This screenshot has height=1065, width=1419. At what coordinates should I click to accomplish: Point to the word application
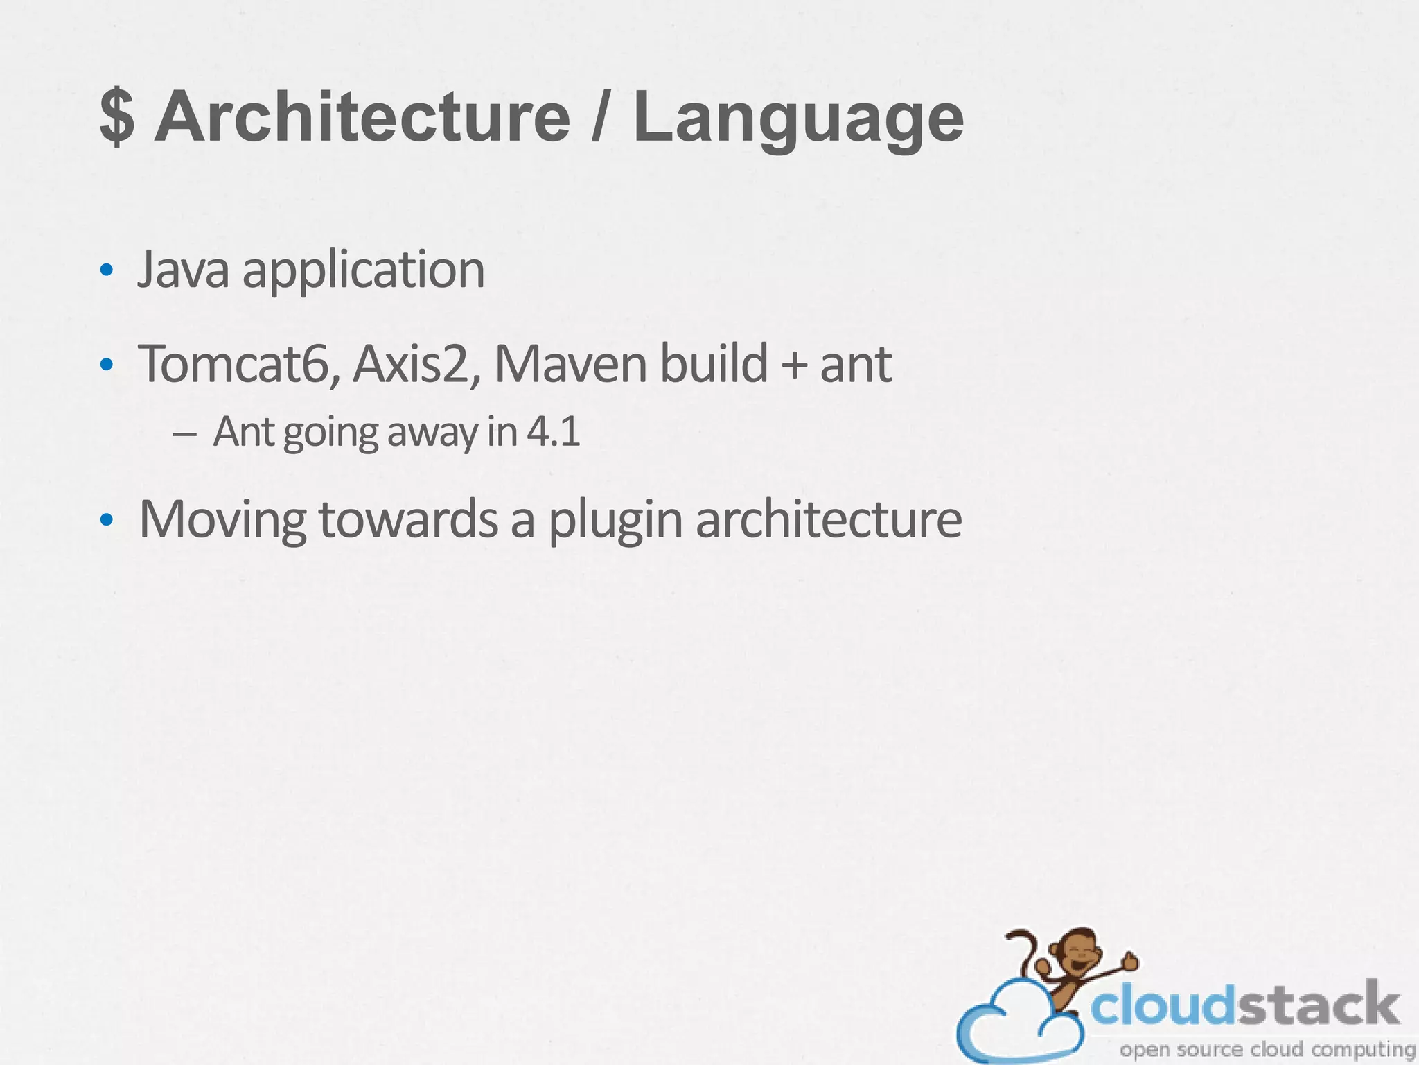point(363,272)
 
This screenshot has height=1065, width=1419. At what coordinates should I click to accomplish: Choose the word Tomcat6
point(238,363)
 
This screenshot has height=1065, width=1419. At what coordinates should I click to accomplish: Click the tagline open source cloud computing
point(1267,1048)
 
